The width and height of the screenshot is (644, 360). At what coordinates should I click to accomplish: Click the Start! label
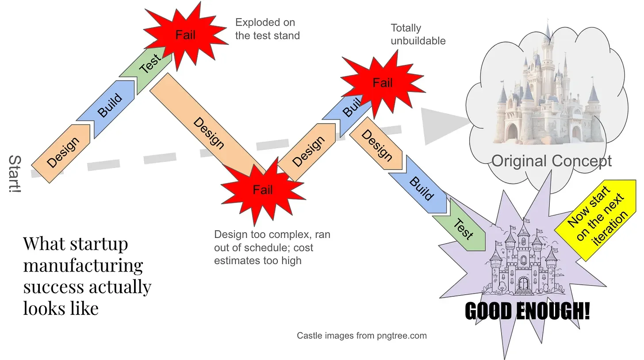point(15,174)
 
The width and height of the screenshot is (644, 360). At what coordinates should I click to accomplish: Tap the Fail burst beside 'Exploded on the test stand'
point(185,34)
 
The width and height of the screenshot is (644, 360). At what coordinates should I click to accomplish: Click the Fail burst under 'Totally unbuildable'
point(383,83)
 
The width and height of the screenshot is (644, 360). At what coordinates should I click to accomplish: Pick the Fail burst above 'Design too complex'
point(263,190)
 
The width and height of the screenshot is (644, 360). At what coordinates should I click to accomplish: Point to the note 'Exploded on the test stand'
point(267,29)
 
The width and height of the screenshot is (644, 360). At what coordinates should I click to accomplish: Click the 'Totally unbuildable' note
point(418,34)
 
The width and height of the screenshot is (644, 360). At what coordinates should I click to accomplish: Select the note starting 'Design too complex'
point(272,247)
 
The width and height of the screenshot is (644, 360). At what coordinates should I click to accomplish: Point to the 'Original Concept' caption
point(551,161)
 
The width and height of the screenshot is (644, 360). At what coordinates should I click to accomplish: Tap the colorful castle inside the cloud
point(548,97)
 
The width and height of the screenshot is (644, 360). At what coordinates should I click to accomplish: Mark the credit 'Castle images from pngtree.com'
point(361,336)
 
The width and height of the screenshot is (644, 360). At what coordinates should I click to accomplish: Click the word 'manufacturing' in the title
point(83,265)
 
